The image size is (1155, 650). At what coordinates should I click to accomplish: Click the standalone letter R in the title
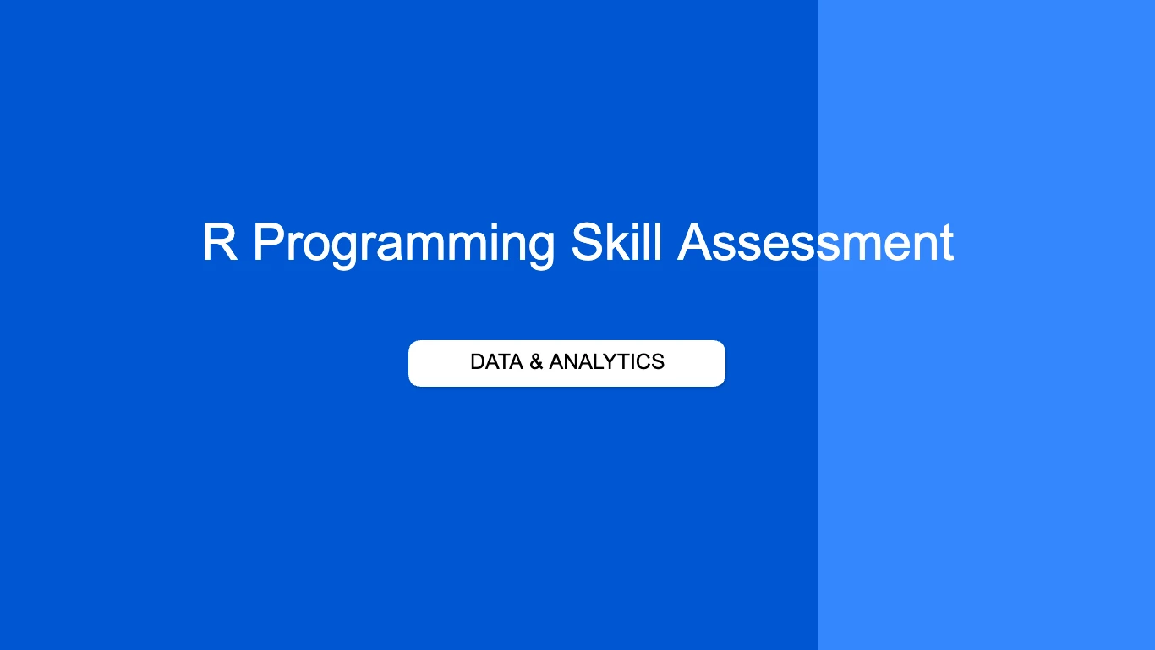coord(219,243)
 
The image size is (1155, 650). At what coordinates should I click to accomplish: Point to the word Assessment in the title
coord(816,243)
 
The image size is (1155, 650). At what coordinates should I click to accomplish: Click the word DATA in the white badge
coord(495,362)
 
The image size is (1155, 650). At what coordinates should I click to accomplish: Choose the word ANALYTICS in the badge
coord(606,362)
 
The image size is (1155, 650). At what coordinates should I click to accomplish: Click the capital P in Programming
coord(269,243)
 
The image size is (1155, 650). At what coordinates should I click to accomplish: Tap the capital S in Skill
coord(588,243)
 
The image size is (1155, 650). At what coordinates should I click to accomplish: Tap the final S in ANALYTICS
coord(658,362)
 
